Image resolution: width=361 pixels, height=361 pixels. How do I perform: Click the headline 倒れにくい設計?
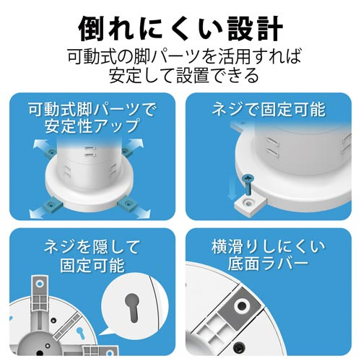(180, 29)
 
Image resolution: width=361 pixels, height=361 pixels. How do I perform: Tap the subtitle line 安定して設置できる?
(184, 75)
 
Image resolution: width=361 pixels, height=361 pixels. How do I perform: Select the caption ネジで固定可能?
(269, 110)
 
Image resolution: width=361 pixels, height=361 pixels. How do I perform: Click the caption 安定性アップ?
(92, 126)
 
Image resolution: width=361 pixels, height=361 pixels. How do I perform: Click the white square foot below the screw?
(251, 205)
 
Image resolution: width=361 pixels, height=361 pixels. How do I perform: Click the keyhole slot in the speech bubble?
(131, 308)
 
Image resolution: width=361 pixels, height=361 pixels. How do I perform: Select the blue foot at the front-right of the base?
(129, 205)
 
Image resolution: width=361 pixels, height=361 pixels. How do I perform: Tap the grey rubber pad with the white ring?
(240, 304)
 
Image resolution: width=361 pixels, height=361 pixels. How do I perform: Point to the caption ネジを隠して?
(92, 247)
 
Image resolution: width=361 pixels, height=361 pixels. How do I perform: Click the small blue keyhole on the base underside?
(80, 334)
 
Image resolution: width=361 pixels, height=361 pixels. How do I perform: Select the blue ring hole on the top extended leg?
(39, 284)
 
